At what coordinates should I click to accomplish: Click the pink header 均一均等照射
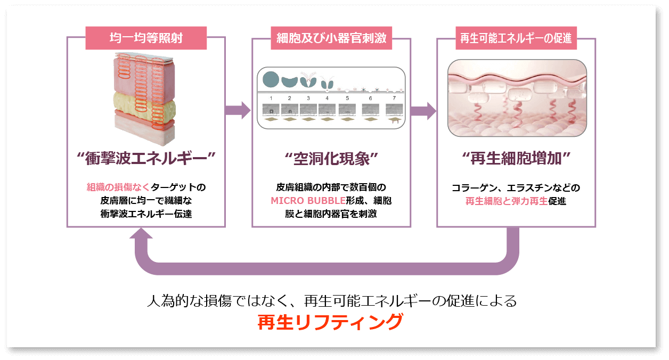click(146, 39)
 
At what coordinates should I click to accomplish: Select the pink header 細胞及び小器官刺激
click(331, 39)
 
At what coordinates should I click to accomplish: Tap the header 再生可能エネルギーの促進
click(516, 39)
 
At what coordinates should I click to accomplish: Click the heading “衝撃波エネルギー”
click(146, 158)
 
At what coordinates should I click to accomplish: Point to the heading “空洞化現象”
click(331, 158)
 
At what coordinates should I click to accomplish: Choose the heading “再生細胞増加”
click(516, 158)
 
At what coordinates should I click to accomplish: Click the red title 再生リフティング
click(330, 322)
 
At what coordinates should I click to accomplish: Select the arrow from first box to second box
click(238, 110)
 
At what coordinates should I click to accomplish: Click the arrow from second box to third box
click(423, 110)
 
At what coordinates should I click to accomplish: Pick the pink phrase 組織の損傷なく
click(118, 187)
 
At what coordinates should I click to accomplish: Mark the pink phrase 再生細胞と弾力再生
click(507, 201)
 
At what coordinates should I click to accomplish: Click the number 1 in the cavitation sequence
click(271, 99)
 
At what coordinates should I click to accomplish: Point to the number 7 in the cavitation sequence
click(394, 99)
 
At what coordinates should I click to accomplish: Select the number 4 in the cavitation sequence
click(327, 99)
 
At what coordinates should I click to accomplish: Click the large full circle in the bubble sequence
click(270, 79)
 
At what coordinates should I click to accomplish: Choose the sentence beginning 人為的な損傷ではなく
click(331, 301)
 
